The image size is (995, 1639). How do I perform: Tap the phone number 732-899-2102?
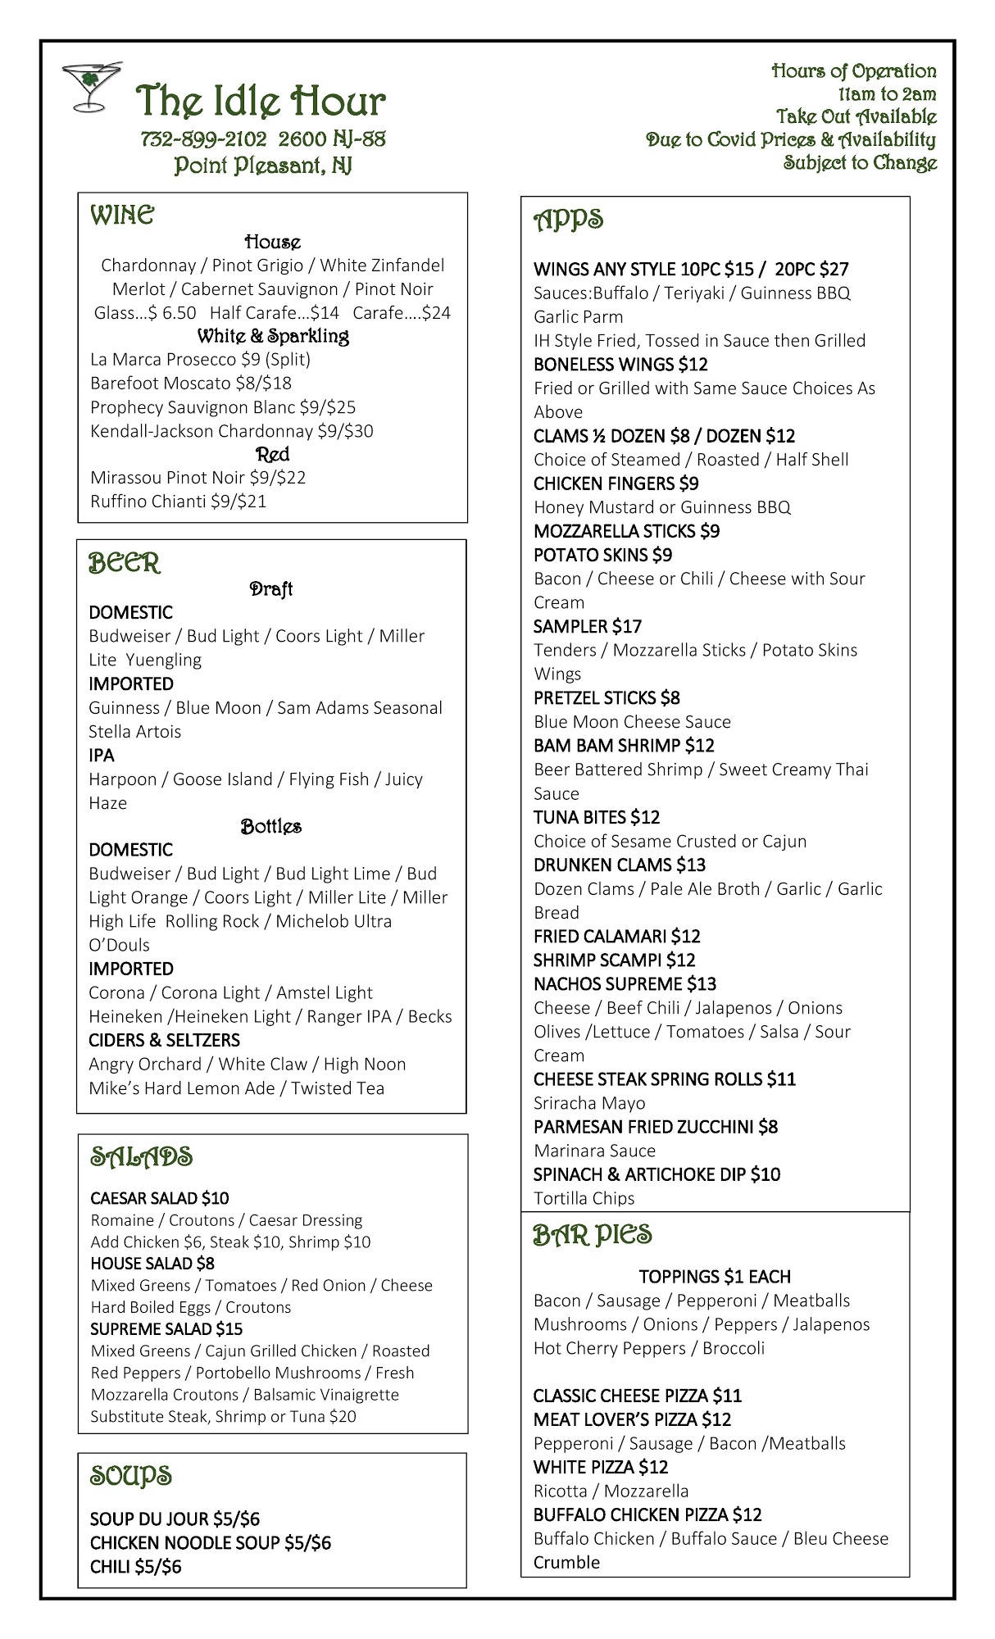[x=204, y=139]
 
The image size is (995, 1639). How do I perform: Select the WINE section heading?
[x=122, y=216]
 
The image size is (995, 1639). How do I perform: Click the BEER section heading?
[x=125, y=564]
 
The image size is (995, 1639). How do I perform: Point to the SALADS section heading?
[x=141, y=1157]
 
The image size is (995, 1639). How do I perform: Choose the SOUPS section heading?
[x=131, y=1476]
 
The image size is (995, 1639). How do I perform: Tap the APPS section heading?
[x=569, y=220]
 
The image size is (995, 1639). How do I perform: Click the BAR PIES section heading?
[x=593, y=1235]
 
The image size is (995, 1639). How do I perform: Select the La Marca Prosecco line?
[x=200, y=360]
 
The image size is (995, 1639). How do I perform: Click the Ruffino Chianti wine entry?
[x=178, y=502]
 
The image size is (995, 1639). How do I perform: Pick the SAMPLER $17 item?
[x=588, y=627]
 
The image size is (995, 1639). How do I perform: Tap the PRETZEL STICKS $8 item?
[x=607, y=698]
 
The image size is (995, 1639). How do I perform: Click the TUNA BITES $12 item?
[x=597, y=818]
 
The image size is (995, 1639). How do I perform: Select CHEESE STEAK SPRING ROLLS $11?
[x=664, y=1079]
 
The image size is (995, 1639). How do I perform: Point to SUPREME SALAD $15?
[x=166, y=1329]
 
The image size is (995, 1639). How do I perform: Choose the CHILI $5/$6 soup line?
[x=136, y=1567]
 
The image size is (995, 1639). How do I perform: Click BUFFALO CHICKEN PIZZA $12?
[x=647, y=1514]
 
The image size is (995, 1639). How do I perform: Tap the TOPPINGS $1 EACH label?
[x=715, y=1277]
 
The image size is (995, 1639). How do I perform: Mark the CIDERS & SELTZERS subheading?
[x=164, y=1041]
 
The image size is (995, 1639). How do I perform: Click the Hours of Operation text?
[x=853, y=71]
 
